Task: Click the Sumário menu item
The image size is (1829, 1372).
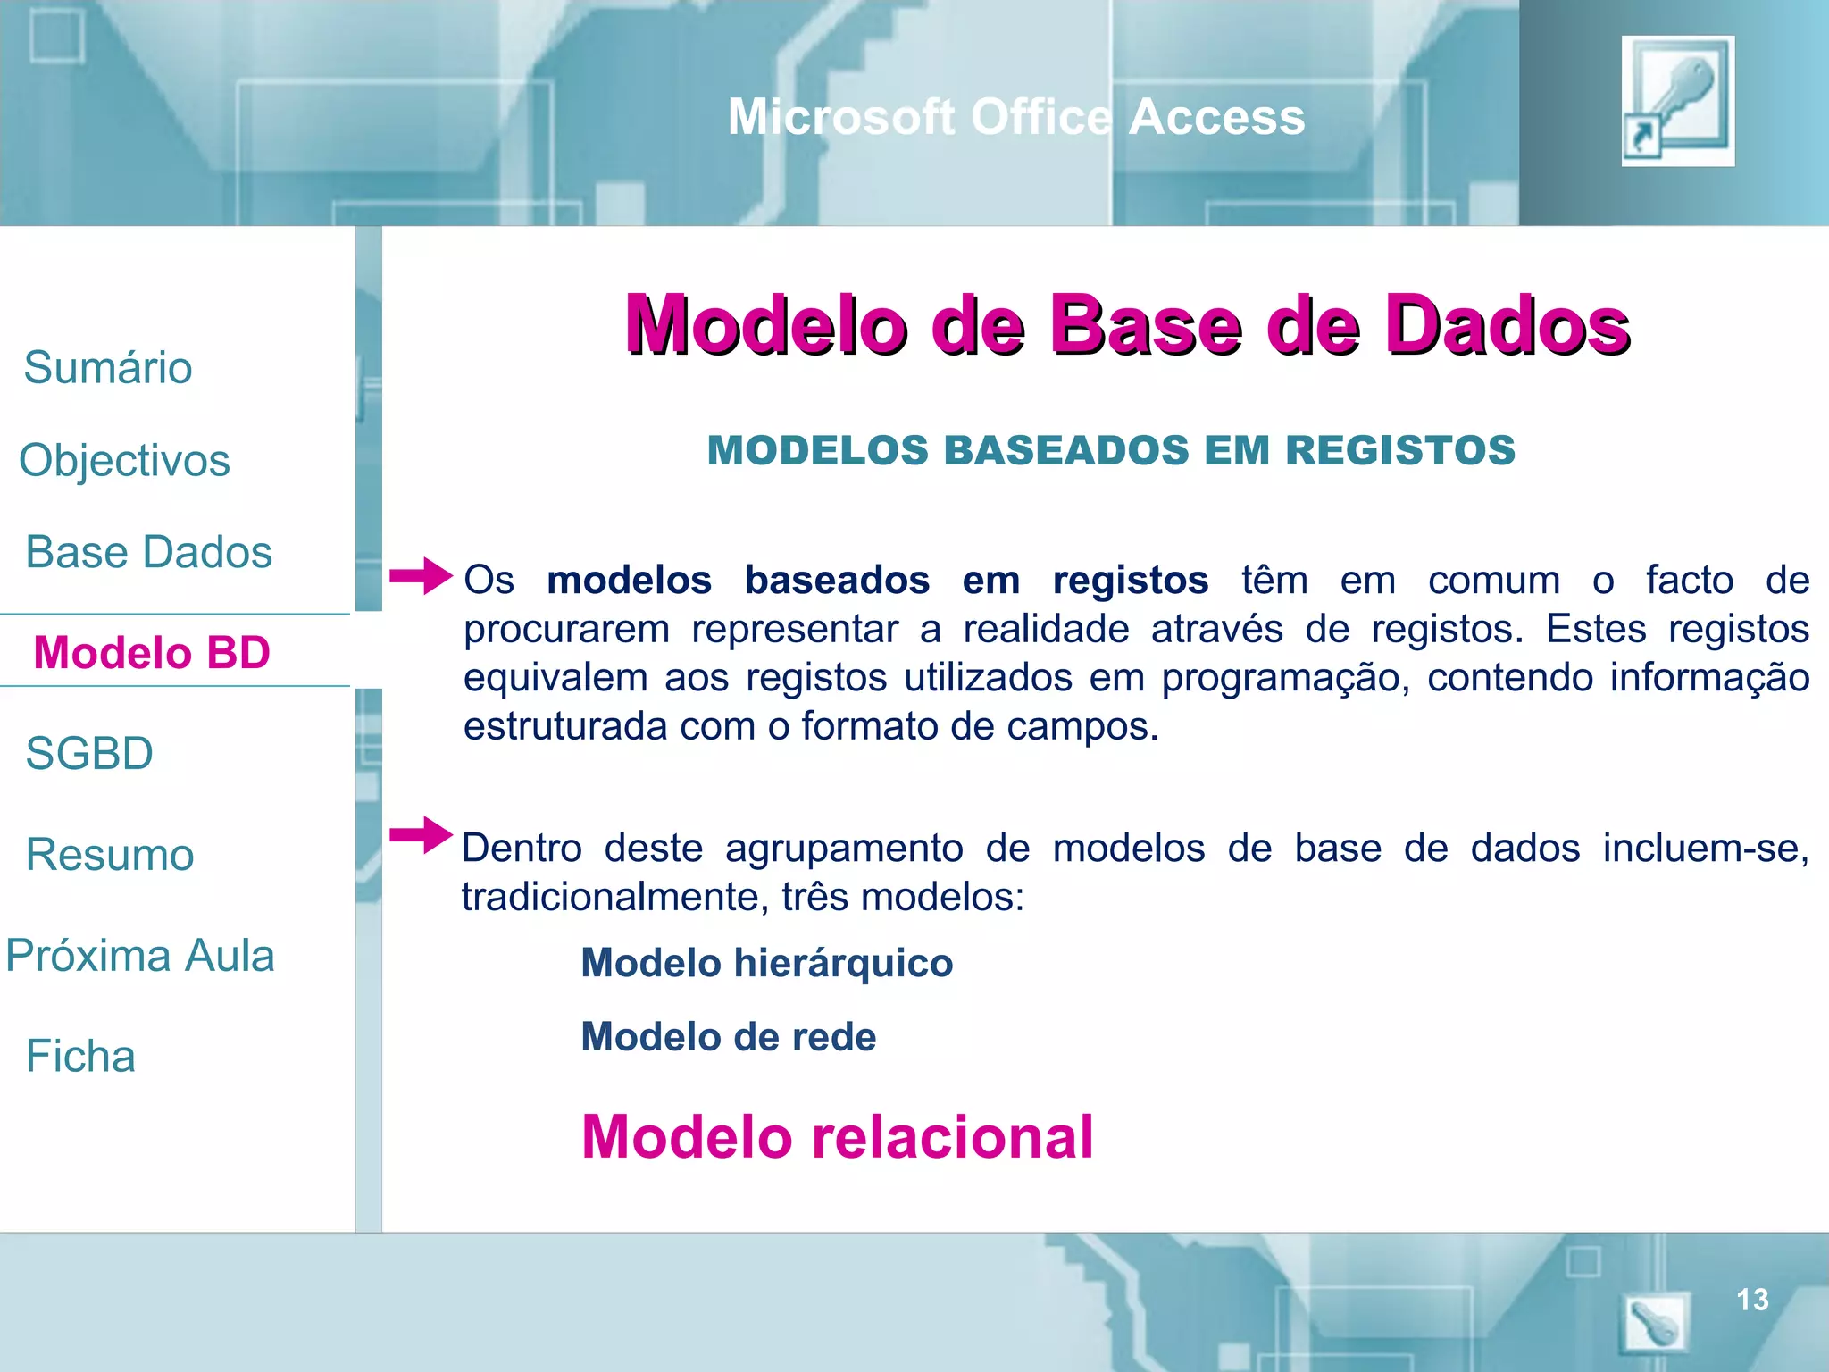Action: tap(108, 368)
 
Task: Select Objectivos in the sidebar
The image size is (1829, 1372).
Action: tap(125, 461)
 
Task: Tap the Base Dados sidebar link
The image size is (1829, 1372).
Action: tap(148, 552)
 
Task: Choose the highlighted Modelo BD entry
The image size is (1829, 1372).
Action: tap(152, 652)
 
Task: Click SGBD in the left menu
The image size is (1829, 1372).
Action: tap(89, 753)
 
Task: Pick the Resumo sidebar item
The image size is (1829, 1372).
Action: tap(110, 855)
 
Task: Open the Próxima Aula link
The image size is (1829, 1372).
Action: tap(140, 956)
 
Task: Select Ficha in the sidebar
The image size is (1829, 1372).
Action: tap(80, 1057)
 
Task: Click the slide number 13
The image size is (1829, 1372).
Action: tap(1752, 1300)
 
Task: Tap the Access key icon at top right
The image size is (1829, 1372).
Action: tap(1678, 101)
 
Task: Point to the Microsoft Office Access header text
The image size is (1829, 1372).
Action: tap(1015, 117)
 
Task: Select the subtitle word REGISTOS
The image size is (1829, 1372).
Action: tap(1399, 450)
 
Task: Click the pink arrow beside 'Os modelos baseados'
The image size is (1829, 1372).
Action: tap(421, 576)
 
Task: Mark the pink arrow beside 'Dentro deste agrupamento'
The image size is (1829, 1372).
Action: tap(421, 835)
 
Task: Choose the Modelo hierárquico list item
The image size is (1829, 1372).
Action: tap(766, 963)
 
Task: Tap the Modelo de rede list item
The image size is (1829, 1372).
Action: tap(728, 1037)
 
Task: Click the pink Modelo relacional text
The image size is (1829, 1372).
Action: tap(837, 1137)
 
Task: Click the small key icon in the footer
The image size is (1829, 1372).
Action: tap(1655, 1323)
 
